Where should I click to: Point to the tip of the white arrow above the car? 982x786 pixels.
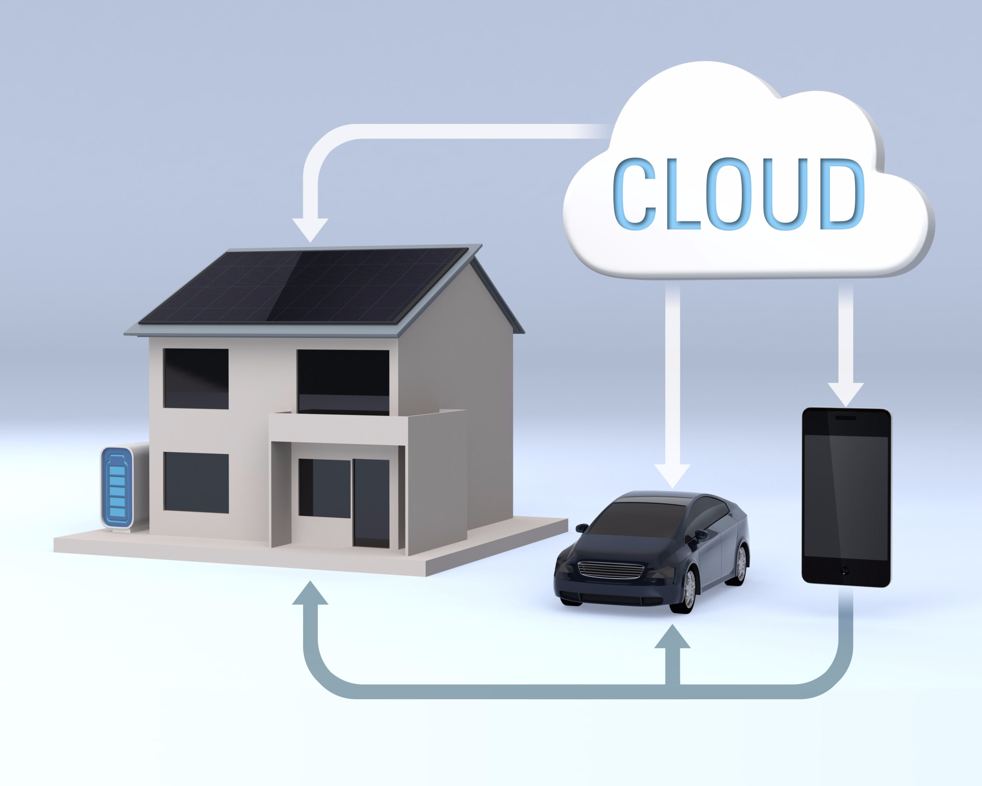pyautogui.click(x=672, y=488)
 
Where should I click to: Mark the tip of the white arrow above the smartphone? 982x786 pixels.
pyautogui.click(x=846, y=406)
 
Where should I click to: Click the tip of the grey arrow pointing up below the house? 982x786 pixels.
pyautogui.click(x=310, y=581)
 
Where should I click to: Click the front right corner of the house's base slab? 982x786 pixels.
pyautogui.click(x=426, y=576)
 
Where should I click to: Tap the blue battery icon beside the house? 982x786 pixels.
pyautogui.click(x=117, y=487)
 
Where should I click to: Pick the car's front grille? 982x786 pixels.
pyautogui.click(x=611, y=569)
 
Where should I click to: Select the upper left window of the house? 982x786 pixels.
pyautogui.click(x=196, y=379)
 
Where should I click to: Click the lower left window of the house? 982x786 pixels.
pyautogui.click(x=196, y=482)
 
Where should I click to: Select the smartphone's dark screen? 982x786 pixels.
pyautogui.click(x=846, y=497)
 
